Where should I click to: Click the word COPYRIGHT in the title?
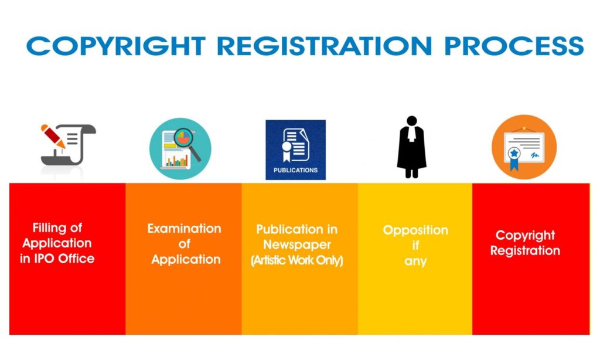(116, 46)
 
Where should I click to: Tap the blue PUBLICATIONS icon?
(295, 150)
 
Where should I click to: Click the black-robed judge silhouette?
(411, 147)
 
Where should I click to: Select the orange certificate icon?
(524, 147)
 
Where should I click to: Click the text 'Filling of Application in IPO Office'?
(57, 243)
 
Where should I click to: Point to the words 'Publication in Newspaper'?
(296, 237)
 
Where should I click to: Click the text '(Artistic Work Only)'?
(296, 260)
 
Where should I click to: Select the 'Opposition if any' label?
(415, 245)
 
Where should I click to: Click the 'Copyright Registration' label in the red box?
(525, 243)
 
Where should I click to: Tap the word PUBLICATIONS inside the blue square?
(295, 171)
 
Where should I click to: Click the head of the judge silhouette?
(412, 121)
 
